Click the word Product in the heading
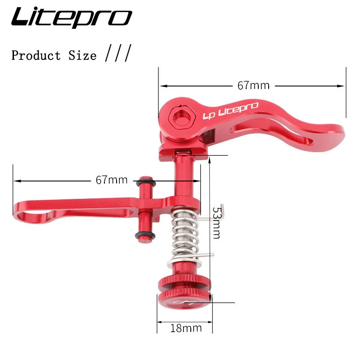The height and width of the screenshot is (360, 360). (36, 56)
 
